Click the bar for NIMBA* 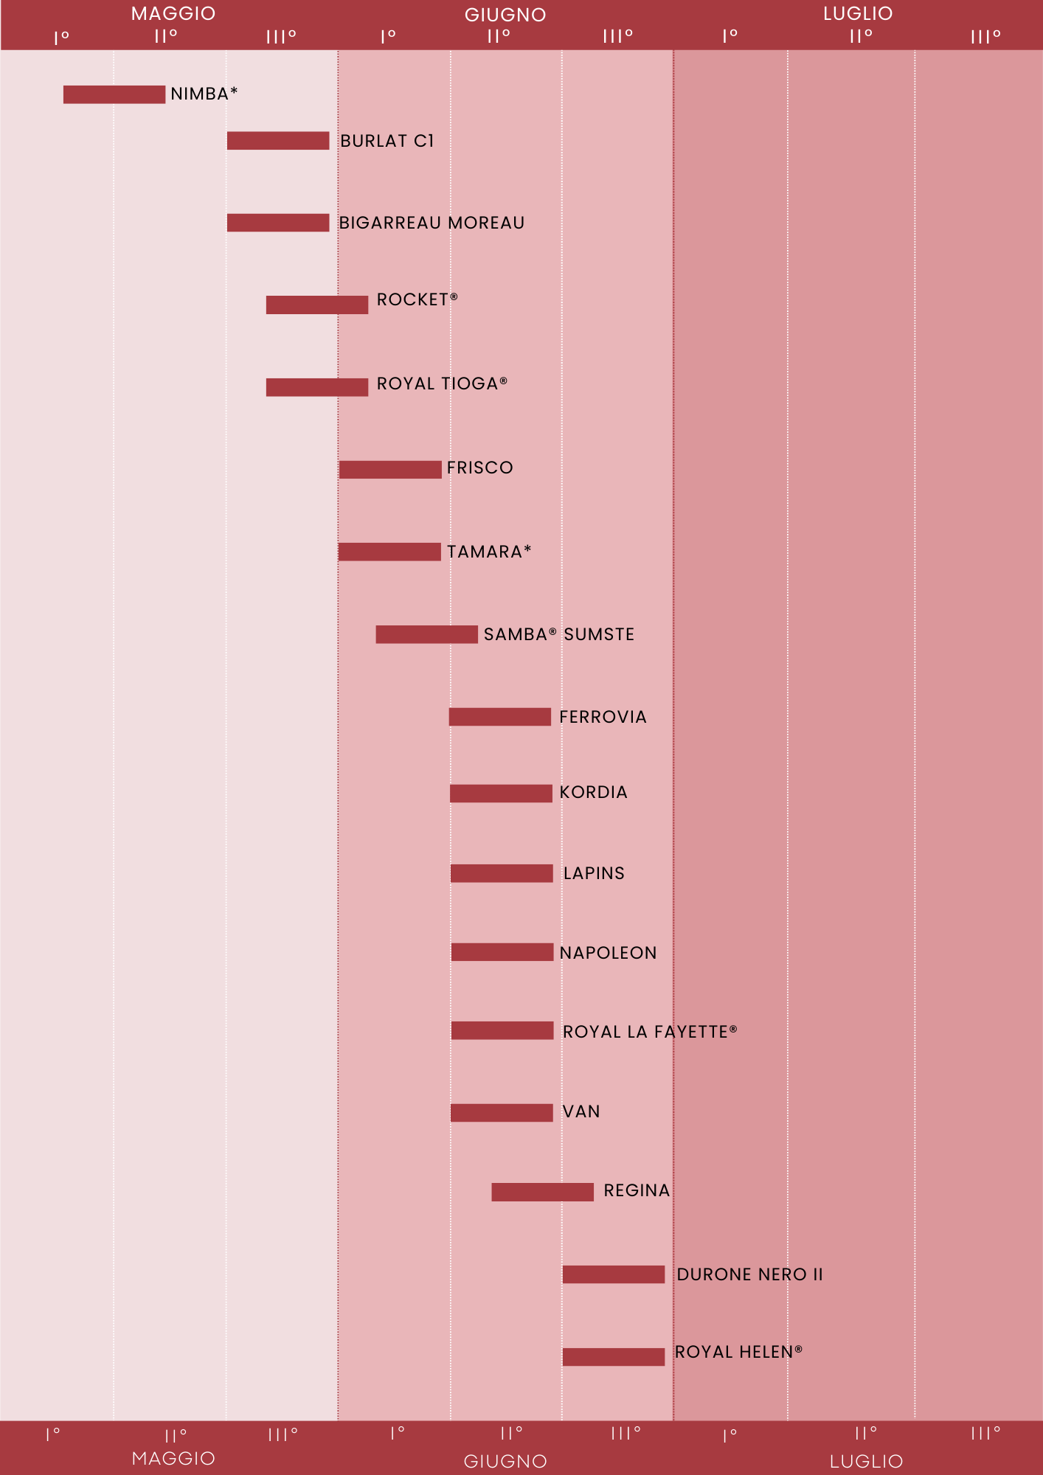point(114,94)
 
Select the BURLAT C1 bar point(278,141)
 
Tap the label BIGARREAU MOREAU point(432,223)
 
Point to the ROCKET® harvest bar point(317,305)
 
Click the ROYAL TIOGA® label point(442,383)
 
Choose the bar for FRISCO point(390,470)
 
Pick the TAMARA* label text point(489,552)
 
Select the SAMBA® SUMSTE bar point(426,634)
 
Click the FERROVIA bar point(500,717)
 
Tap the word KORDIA point(593,792)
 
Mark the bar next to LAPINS point(502,873)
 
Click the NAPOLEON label point(608,953)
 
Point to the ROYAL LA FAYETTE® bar point(502,1030)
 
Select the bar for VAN point(502,1113)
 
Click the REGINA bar point(543,1192)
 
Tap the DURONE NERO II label point(749,1274)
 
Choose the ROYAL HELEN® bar point(614,1357)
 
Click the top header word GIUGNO point(505,15)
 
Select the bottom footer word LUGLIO point(866,1461)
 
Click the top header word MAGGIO point(173,13)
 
